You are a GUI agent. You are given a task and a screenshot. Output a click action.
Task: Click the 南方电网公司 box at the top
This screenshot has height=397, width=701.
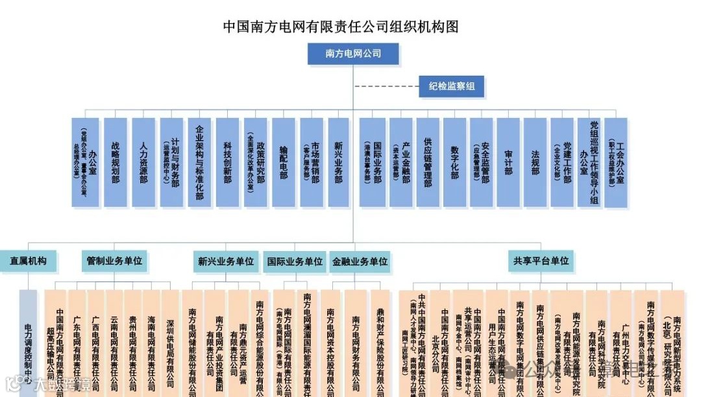(x=353, y=54)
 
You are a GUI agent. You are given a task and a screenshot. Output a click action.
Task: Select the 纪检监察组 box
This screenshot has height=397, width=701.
(x=451, y=86)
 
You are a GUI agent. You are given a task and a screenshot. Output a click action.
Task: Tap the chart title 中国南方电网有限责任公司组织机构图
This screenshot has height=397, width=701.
(x=341, y=27)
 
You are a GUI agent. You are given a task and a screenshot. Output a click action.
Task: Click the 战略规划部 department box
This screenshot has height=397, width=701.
(x=116, y=162)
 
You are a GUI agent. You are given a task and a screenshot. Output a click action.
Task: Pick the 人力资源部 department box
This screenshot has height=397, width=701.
(x=143, y=162)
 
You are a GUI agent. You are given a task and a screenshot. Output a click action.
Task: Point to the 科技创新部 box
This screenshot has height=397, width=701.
(x=227, y=162)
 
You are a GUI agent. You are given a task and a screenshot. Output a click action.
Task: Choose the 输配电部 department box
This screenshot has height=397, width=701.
(x=283, y=162)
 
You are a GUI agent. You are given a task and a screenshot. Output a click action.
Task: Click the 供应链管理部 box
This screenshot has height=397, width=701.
(x=427, y=162)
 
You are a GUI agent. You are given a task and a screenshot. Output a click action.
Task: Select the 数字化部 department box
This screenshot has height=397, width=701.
(x=454, y=162)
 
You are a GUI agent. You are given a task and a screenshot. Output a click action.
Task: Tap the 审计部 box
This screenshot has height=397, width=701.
(x=508, y=162)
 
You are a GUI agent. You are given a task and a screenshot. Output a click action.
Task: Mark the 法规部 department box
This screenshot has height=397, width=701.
(x=535, y=162)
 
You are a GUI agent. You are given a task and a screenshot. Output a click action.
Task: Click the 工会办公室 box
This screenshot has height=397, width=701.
(x=615, y=162)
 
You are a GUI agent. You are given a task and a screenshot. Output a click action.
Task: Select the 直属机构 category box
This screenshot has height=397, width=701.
(x=28, y=261)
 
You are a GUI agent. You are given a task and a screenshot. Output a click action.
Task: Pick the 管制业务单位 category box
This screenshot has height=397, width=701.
(x=114, y=261)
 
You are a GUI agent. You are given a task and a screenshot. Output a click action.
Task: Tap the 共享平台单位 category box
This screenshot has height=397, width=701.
(x=541, y=261)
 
